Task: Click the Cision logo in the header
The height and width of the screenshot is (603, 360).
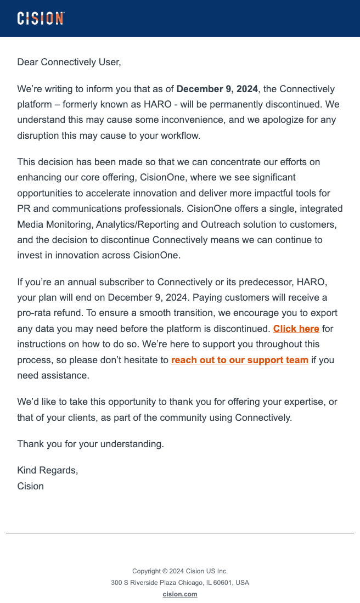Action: [x=41, y=18]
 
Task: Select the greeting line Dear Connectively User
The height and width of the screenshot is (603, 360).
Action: [x=69, y=62]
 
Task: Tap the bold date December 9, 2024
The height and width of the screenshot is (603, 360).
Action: [x=217, y=89]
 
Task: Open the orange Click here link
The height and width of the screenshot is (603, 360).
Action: [x=296, y=329]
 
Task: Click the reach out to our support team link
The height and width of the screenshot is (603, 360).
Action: [x=239, y=360]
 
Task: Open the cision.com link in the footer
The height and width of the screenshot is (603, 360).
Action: [x=180, y=594]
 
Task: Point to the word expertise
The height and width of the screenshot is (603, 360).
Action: [x=299, y=402]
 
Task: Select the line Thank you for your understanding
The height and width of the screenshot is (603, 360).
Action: [x=91, y=444]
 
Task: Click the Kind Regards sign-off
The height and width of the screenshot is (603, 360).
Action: [x=48, y=470]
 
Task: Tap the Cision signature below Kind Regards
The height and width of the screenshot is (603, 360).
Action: [x=31, y=486]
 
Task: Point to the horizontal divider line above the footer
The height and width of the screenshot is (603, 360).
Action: [x=180, y=533]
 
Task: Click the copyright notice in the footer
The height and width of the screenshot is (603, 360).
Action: [x=180, y=571]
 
